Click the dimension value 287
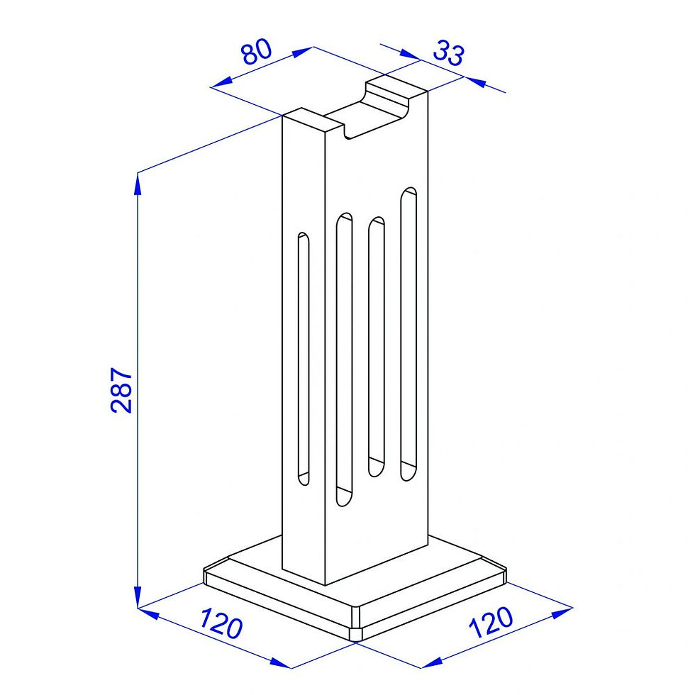(x=121, y=390)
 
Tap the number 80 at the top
(x=257, y=51)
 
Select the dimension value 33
(x=448, y=52)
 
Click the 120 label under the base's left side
(x=221, y=623)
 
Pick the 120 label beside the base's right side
(x=491, y=622)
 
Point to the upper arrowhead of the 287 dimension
(x=138, y=184)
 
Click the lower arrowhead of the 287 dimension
(x=138, y=596)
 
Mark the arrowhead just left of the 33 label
(x=408, y=54)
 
